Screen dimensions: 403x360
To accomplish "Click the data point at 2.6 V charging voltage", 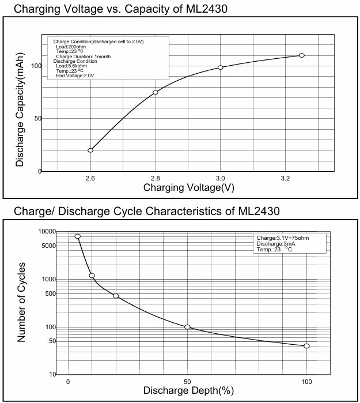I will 90,150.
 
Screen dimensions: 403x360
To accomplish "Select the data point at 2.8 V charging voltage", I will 156,92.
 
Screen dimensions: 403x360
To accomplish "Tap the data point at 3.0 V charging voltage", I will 221,67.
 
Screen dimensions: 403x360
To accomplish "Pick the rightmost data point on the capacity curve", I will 301,55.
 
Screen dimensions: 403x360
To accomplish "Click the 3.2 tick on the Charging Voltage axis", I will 285,179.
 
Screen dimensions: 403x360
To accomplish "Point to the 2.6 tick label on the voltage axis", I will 90,179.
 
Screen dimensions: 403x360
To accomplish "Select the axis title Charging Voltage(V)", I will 188,188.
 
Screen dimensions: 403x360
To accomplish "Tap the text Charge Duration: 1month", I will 83,57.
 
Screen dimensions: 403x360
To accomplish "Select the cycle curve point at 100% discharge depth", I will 306,346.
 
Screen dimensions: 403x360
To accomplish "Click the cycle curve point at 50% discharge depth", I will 187,327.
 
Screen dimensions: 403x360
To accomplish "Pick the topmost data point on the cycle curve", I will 78,236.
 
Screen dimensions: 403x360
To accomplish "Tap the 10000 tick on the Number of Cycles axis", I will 47,232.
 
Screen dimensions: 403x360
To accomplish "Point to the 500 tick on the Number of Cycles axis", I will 50,294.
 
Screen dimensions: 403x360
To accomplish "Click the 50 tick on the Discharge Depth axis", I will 187,382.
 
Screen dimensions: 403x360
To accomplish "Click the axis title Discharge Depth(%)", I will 188,391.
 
